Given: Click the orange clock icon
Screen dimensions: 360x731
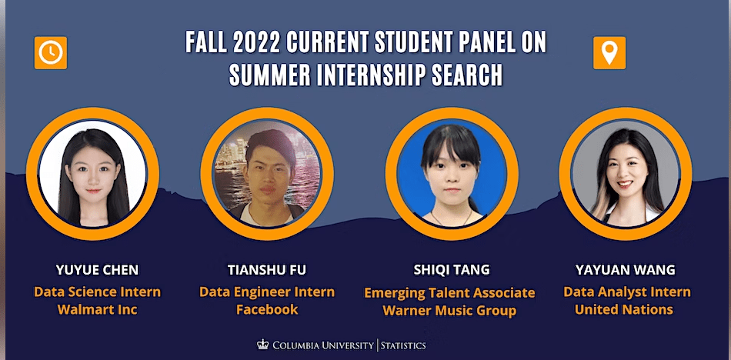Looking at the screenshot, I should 51,52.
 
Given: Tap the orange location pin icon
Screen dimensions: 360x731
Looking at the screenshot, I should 609,52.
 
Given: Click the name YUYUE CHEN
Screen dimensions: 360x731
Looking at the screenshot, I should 98,270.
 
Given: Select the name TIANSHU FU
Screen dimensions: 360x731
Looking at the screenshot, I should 267,270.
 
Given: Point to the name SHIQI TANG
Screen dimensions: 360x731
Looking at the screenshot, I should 451,270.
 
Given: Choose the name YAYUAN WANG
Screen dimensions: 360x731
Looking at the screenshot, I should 626,270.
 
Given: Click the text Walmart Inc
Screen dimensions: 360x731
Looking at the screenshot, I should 98,310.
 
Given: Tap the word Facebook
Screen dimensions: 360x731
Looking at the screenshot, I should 267,310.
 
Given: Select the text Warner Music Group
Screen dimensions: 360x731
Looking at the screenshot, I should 451,312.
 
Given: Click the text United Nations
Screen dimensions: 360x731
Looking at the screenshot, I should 626,310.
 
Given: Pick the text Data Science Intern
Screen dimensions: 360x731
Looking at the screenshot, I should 98,292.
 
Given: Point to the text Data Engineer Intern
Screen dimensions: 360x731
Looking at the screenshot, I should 267,292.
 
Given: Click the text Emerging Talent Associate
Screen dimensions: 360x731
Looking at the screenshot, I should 451,293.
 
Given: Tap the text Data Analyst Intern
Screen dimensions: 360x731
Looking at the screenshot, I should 626,292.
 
